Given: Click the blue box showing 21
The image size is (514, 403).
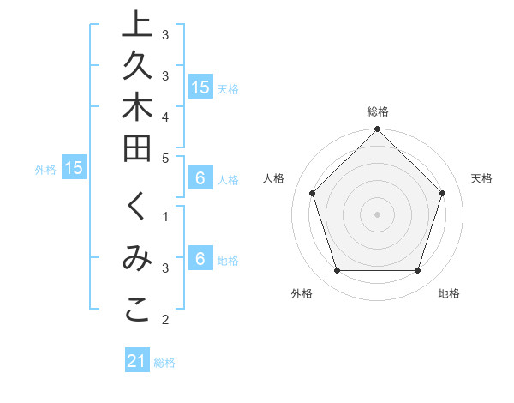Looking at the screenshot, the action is pyautogui.click(x=137, y=362).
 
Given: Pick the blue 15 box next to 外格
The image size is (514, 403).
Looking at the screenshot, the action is pyautogui.click(x=74, y=169).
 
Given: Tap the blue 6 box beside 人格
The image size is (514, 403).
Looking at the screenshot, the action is pyautogui.click(x=200, y=179).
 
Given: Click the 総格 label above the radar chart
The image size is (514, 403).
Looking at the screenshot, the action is pyautogui.click(x=377, y=111).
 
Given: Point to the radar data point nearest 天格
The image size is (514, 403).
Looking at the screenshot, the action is pyautogui.click(x=442, y=193).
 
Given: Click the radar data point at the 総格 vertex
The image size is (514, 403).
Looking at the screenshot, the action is pyautogui.click(x=377, y=130).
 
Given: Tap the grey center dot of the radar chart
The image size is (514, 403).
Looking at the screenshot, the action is pyautogui.click(x=377, y=214).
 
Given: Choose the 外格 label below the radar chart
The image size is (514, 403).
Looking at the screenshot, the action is pyautogui.click(x=302, y=293).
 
